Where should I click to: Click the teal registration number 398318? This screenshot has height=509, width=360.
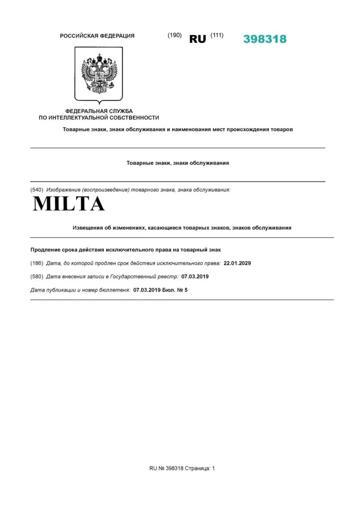[x=265, y=39]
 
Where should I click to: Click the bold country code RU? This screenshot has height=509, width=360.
[x=198, y=39]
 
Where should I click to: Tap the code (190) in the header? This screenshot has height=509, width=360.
[x=175, y=36]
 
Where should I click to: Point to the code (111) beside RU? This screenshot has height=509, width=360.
[x=216, y=36]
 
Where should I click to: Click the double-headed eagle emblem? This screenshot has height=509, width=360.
[x=99, y=74]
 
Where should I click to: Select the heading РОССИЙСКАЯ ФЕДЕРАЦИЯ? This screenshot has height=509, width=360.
[x=97, y=36]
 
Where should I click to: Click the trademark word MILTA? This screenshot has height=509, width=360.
[x=69, y=204]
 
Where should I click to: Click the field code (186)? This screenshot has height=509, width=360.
[x=36, y=263]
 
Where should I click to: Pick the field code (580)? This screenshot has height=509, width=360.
[x=36, y=276]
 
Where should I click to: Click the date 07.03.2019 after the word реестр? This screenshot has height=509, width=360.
[x=195, y=276]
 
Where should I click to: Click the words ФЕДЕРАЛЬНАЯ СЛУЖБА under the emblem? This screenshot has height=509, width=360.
[x=99, y=111]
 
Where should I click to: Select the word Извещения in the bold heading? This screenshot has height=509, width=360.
[x=87, y=228]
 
